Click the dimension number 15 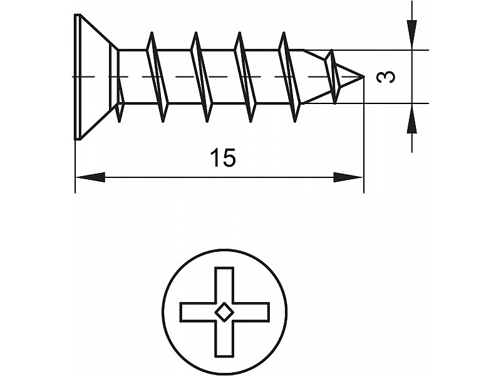(x=223, y=159)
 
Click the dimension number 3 (x=388, y=76)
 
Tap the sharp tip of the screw (x=363, y=77)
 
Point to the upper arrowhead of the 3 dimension (x=411, y=31)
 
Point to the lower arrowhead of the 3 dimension (x=411, y=120)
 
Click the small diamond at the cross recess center (x=224, y=311)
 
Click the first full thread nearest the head (x=158, y=76)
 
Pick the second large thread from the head (x=202, y=76)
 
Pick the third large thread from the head (x=245, y=76)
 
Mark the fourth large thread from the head (x=289, y=76)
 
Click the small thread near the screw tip (x=333, y=76)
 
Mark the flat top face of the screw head (x=78, y=76)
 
